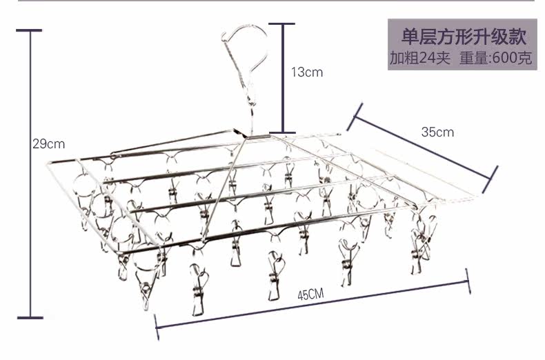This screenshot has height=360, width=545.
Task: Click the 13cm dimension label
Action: point(306,72)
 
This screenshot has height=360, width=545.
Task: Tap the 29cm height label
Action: point(48,144)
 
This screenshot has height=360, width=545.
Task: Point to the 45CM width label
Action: point(311,295)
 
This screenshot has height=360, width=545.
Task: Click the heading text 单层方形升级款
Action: point(461,36)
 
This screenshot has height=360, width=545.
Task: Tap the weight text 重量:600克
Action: point(495,58)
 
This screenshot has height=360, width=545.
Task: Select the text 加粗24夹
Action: point(419,58)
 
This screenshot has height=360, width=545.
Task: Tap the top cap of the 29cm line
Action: point(30,30)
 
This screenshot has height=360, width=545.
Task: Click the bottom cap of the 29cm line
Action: point(30,318)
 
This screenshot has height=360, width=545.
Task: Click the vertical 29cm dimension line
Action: point(30,207)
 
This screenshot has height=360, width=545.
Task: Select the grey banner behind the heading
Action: point(461,45)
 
